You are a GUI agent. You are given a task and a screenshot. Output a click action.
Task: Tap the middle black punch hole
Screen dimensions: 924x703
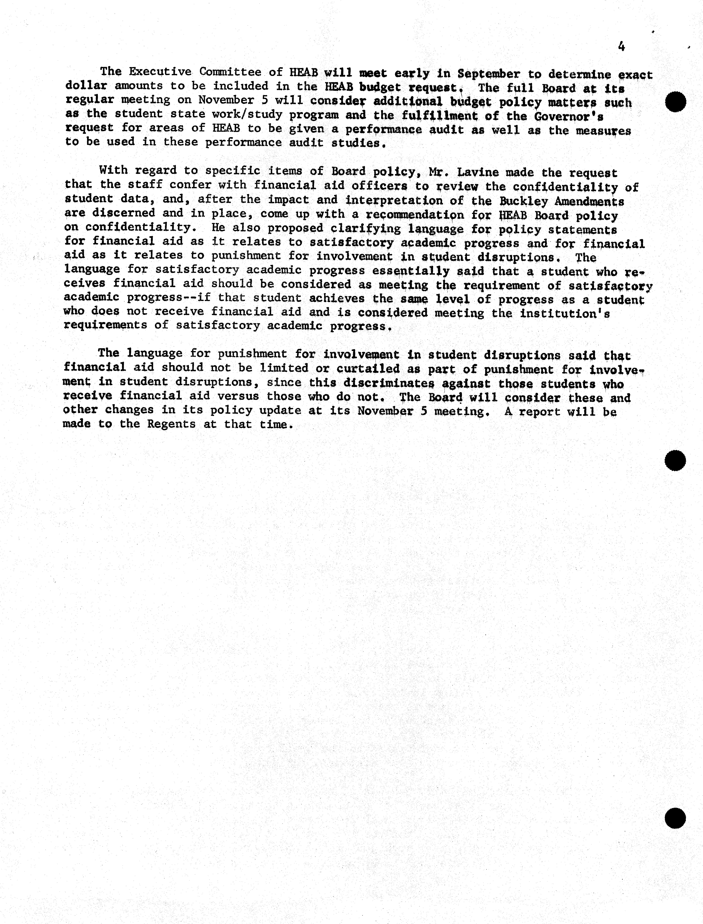[x=675, y=461]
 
